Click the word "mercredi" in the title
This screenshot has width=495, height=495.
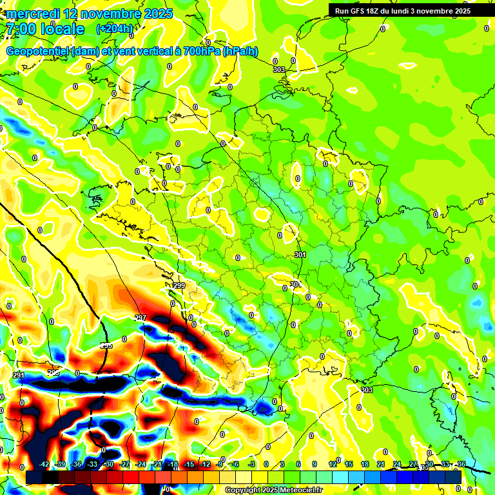pos(33,14)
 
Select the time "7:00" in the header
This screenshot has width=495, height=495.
pos(20,29)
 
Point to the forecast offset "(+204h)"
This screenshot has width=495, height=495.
pos(115,29)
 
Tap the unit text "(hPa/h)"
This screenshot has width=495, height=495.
pos(240,52)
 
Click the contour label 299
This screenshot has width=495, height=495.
pos(179,286)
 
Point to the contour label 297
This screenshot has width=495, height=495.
pos(141,318)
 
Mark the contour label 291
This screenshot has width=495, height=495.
pos(19,375)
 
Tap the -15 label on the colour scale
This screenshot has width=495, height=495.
pos(189,464)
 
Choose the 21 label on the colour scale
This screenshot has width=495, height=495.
pos(381,464)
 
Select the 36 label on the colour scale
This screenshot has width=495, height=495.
pos(461,464)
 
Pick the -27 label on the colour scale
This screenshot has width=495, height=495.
pos(125,464)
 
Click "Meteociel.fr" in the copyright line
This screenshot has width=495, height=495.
pos(298,490)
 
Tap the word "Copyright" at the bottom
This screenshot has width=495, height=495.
pos(244,490)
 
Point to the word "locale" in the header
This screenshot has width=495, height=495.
pos(62,29)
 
